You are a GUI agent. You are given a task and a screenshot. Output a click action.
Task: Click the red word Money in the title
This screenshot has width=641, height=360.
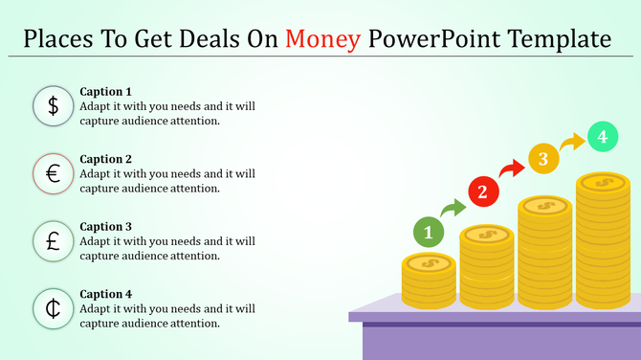click(323, 39)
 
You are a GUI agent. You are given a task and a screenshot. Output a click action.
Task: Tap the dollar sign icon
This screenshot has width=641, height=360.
click(54, 106)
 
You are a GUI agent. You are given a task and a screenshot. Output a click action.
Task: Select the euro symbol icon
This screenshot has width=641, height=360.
click(54, 173)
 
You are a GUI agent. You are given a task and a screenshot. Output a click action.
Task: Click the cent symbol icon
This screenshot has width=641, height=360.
click(54, 308)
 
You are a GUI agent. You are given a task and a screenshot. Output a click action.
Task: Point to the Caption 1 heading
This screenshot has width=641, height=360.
click(106, 92)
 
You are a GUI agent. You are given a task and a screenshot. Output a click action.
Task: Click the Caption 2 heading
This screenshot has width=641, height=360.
click(106, 159)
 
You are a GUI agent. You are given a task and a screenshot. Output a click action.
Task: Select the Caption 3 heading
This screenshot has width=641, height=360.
click(106, 227)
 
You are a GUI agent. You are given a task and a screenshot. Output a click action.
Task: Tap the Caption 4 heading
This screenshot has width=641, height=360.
click(106, 294)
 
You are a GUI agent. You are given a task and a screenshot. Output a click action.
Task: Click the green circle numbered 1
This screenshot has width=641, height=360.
click(429, 232)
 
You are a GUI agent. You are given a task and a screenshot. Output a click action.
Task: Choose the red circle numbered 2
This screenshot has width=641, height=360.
click(482, 192)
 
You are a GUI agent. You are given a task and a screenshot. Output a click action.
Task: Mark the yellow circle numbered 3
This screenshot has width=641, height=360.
click(542, 159)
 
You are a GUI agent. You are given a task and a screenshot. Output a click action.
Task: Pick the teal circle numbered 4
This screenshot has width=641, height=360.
click(602, 138)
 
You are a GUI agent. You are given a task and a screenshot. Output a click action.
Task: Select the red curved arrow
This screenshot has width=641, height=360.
click(512, 169)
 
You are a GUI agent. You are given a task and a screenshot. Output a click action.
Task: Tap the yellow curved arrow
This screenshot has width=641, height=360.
click(572, 144)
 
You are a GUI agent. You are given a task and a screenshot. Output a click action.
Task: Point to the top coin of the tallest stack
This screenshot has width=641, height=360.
click(603, 181)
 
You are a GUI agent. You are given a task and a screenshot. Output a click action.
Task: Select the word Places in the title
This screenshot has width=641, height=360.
click(58, 39)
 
